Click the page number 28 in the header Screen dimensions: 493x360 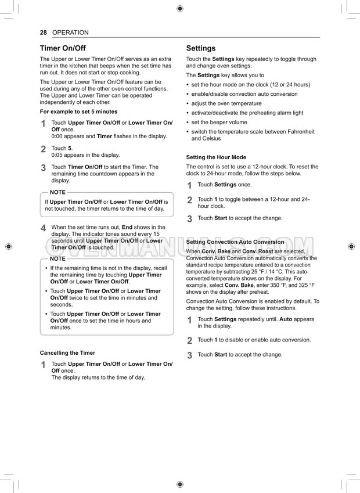pos(43,33)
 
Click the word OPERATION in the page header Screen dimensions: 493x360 pos(70,33)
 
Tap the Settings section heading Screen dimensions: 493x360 pos(200,48)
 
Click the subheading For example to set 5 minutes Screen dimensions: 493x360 pos(78,111)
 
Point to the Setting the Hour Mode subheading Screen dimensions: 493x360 pos(216,157)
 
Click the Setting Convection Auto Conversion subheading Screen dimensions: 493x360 pos(235,242)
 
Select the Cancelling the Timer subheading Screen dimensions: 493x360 pos(67,352)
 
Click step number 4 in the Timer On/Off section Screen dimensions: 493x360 pos(44,228)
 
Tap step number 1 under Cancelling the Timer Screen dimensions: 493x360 pos(44,365)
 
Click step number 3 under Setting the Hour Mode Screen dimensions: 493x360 pos(189,219)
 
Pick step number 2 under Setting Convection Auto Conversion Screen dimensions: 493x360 pos(189,341)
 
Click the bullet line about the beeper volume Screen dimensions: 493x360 pos(219,122)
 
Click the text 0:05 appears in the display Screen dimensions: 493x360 pos(85,155)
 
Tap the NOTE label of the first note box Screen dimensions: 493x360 pos(57,192)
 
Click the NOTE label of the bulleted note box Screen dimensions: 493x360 pos(57,258)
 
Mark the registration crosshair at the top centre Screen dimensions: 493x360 pos(180,9)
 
